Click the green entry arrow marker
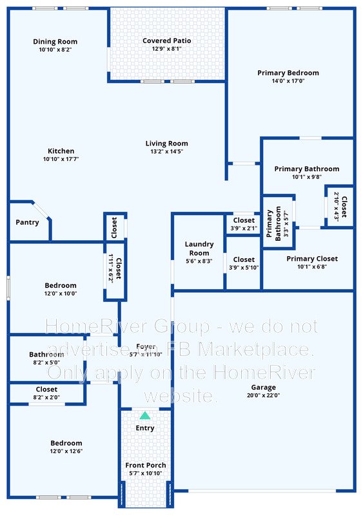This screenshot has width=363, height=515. (145, 416)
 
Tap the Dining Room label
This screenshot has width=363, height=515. (55, 42)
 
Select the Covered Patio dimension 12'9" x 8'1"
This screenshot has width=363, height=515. (166, 49)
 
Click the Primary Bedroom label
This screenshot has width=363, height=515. (288, 73)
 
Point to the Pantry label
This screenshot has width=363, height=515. (27, 222)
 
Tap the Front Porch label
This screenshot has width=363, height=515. (145, 465)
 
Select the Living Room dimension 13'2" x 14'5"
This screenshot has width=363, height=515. (166, 151)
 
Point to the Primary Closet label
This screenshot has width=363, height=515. (312, 259)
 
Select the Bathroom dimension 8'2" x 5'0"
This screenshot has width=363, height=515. (46, 362)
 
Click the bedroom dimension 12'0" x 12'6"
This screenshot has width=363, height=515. (66, 451)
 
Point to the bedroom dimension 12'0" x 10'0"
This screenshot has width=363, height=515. (61, 294)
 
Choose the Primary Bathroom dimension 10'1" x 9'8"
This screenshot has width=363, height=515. (307, 176)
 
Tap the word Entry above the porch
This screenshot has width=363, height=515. (145, 428)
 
